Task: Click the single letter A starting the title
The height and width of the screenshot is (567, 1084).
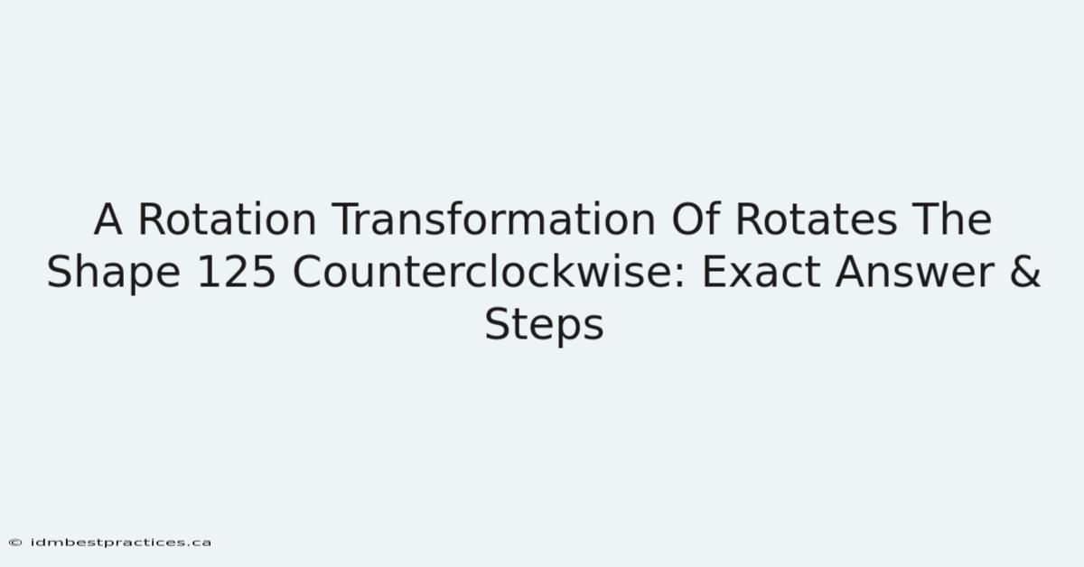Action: [x=107, y=219]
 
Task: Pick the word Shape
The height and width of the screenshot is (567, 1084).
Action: [x=114, y=274]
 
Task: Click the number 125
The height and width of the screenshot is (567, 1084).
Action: [x=237, y=272]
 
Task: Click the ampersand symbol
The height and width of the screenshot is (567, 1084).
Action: [x=1025, y=272]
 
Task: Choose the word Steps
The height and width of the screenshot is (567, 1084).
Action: [x=545, y=327]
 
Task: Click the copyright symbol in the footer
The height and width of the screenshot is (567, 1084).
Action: [x=15, y=543]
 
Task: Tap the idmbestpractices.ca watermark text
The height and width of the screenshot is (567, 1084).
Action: [x=121, y=543]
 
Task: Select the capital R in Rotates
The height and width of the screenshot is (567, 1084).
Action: [x=751, y=219]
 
